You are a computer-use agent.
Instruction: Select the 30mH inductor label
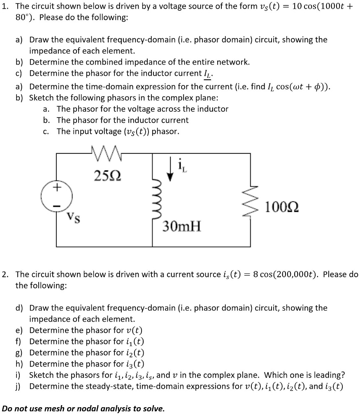[x=182, y=225]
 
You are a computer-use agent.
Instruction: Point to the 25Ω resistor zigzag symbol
[x=106, y=153]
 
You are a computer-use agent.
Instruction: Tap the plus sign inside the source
[x=56, y=187]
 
